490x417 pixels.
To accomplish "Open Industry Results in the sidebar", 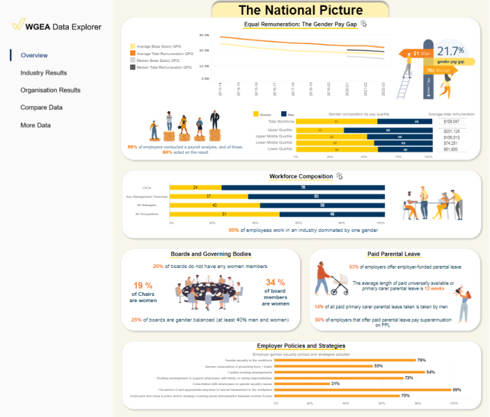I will tap(44, 73).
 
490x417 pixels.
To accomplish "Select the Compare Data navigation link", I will tap(42, 107).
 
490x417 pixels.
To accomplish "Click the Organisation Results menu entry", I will tap(50, 90).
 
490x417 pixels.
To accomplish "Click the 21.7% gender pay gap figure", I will tap(450, 51).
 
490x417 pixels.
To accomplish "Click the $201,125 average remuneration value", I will tap(451, 130).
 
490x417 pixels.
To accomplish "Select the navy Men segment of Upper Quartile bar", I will tap(387, 130).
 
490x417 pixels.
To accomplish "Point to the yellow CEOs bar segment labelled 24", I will tap(195, 187).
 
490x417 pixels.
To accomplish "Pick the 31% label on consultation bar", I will tap(336, 383).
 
